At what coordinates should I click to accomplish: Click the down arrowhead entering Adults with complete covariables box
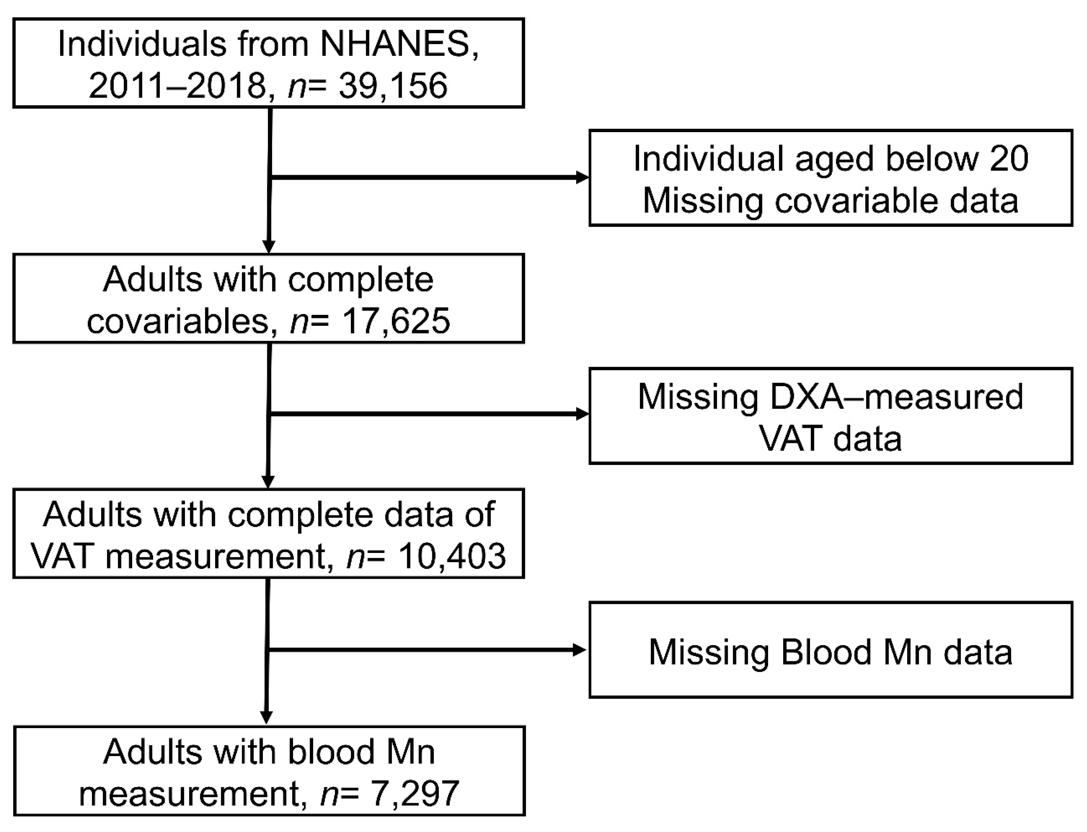[x=268, y=246]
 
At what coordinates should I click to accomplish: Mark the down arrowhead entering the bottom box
[x=267, y=717]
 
